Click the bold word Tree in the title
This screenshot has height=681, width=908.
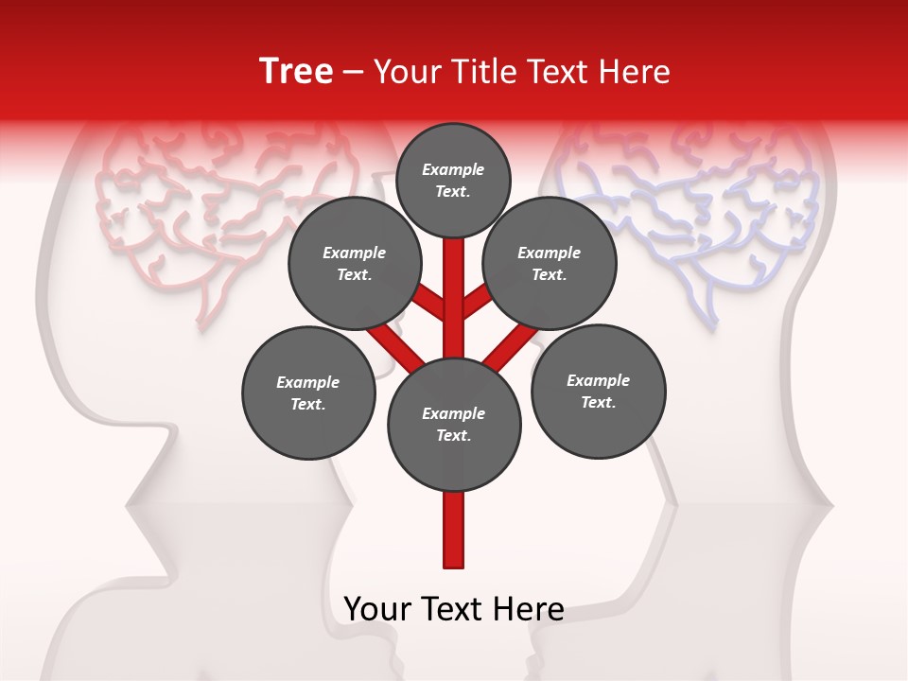tap(296, 72)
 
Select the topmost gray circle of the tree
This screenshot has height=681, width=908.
tap(453, 180)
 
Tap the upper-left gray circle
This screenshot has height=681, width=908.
tap(354, 264)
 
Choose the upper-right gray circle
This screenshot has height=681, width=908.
tap(550, 264)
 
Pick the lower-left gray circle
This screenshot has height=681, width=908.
tap(308, 393)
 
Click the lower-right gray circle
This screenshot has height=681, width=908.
tap(599, 392)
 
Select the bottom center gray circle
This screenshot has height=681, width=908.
tap(454, 425)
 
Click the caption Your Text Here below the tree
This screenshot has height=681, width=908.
tap(454, 609)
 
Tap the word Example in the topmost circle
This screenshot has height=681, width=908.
tap(453, 169)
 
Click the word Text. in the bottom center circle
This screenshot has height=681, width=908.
tap(453, 436)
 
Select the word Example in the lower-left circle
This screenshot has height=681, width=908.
tap(308, 382)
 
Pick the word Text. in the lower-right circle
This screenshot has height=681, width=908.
tap(599, 402)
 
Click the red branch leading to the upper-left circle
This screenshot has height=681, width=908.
tap(428, 303)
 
